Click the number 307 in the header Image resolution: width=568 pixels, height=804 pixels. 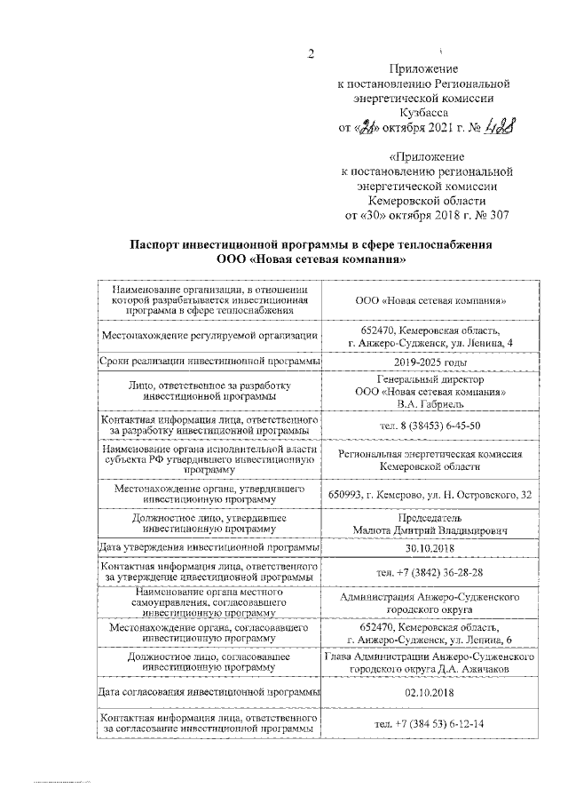pos(499,215)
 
